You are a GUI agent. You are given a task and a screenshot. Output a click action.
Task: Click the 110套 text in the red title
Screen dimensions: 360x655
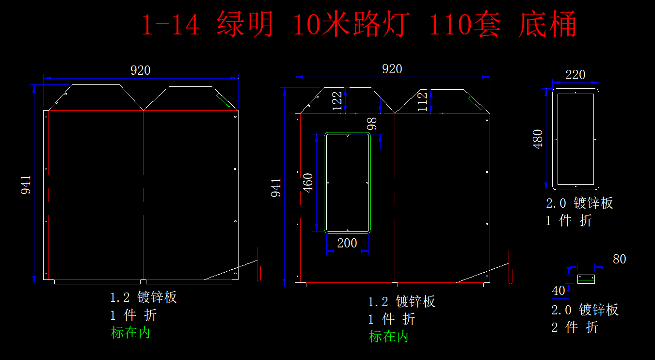coord(465,24)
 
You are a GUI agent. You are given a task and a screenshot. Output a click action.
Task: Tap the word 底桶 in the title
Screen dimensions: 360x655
coord(547,24)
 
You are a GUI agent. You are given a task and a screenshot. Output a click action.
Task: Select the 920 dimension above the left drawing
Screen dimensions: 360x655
coord(141,70)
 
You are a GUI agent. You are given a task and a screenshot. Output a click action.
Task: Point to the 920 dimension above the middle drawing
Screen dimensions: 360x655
coord(392,69)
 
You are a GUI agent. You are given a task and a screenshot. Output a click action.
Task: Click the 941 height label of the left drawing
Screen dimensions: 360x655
coord(26,185)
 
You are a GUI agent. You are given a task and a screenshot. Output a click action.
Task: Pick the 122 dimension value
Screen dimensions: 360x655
coord(338,101)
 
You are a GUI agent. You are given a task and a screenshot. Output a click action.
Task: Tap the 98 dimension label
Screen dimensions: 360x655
coord(372,124)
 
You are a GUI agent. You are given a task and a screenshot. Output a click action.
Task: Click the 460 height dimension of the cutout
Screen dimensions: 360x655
coord(308,182)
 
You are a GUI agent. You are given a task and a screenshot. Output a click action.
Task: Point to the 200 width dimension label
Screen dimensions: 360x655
coord(347,243)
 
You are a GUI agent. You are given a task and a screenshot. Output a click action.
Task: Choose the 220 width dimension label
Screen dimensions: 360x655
coord(575,75)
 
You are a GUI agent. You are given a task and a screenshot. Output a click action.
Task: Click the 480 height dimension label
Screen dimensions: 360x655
coord(538,139)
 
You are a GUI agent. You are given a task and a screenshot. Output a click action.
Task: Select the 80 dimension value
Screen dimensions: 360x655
coord(619,259)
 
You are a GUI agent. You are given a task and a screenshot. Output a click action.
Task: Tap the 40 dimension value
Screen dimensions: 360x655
coord(559,291)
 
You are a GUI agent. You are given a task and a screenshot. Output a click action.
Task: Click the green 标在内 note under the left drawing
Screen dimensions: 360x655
coord(130,333)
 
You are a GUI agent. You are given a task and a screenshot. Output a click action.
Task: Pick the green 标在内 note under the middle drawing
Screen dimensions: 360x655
coord(389,336)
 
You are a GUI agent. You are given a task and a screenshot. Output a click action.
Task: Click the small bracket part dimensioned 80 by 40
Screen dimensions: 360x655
coord(586,279)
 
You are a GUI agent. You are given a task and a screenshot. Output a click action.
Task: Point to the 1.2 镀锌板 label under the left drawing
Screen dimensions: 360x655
coord(143,297)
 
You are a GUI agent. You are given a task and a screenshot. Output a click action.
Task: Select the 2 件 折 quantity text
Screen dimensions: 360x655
coord(575,327)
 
